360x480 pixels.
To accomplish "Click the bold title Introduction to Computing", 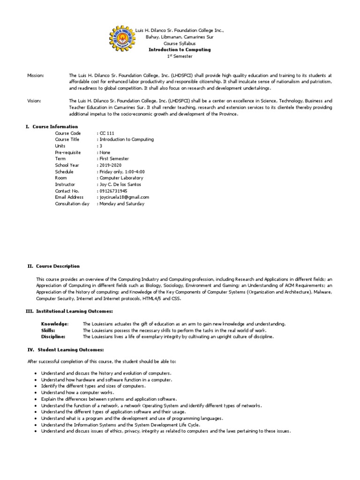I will coord(180,50).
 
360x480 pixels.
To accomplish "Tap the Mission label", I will coord(35,75).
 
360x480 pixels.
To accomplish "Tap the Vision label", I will coord(34,101).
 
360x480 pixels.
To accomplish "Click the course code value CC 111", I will coord(107,133).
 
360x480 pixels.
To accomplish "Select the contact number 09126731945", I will coord(113,191).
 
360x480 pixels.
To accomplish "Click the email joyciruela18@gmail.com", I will coord(124,197).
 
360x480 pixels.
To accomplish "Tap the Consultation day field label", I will coord(72,204).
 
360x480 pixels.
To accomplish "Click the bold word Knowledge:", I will coord(54,324).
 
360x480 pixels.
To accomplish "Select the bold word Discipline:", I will coord(53,337).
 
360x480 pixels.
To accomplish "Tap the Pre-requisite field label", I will coord(68,152).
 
